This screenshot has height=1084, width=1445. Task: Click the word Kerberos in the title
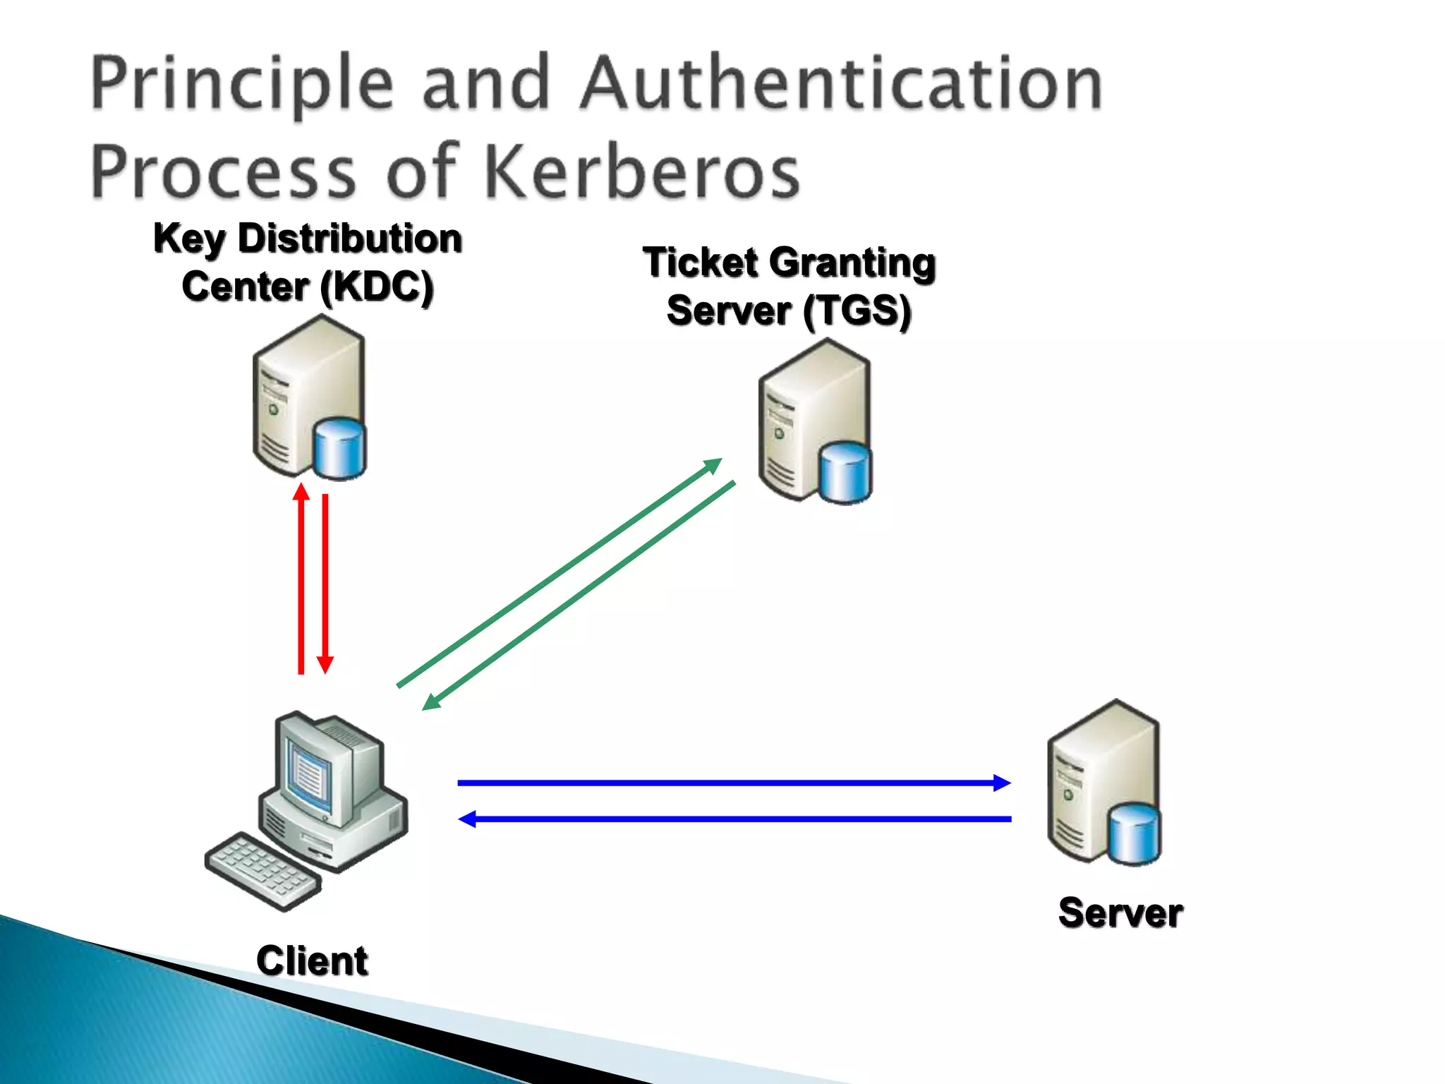click(642, 171)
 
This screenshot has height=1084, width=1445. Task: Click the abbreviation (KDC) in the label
click(376, 287)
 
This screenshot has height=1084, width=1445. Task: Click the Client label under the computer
click(312, 960)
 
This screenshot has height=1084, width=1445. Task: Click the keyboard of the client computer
click(262, 869)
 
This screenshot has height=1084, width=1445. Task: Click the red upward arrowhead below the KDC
click(301, 491)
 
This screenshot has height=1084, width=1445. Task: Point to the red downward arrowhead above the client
click(325, 665)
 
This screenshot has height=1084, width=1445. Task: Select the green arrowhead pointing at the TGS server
click(713, 466)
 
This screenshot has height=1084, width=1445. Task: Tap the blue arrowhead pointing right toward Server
click(1001, 783)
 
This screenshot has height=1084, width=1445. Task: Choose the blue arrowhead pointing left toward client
click(468, 819)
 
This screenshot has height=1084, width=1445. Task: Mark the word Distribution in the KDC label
click(350, 239)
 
